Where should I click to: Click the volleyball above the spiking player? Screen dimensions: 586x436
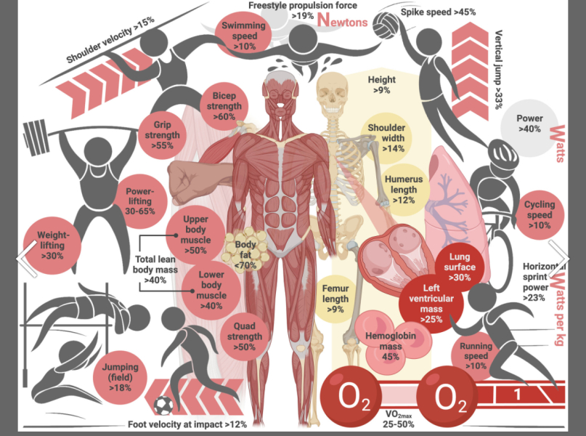pos(386,25)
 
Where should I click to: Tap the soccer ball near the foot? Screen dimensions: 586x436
pos(163,405)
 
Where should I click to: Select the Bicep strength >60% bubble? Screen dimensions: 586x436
pos(224,106)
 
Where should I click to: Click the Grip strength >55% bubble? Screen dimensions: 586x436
pos(162,135)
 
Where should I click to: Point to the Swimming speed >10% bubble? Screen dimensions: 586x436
pos(244,36)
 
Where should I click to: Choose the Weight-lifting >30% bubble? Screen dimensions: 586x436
pos(52,246)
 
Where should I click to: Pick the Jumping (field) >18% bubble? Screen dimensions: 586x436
pos(120,377)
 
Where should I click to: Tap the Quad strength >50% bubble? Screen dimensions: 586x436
pos(245,336)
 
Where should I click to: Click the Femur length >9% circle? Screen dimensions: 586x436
pos(335,299)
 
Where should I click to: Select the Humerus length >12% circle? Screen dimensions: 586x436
pos(404,190)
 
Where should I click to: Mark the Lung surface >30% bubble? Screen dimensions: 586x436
pos(460,267)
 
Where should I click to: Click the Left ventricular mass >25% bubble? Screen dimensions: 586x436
pos(431,304)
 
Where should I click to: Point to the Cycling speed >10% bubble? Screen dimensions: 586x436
pos(540,214)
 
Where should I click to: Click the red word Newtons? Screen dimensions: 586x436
pos(342,20)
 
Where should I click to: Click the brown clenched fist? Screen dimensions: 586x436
pos(186,183)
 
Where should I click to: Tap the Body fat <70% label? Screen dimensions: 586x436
pos(245,255)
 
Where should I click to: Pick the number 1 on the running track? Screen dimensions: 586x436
pos(518,394)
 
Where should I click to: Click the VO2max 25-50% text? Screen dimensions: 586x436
pos(399,419)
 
